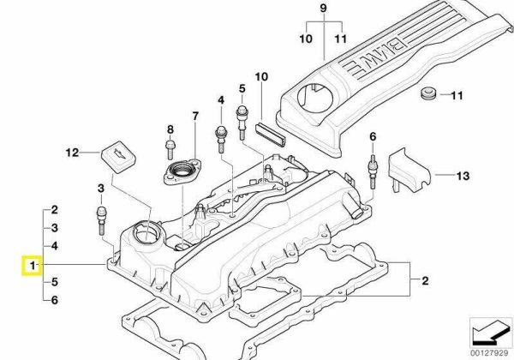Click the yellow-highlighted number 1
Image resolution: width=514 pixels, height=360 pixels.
32,267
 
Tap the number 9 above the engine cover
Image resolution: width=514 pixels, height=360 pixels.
324,9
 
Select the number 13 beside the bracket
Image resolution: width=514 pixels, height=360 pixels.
463,177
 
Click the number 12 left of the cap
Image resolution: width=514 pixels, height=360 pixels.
73,153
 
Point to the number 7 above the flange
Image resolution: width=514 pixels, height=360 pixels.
194,116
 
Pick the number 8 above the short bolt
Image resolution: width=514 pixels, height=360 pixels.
170,129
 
